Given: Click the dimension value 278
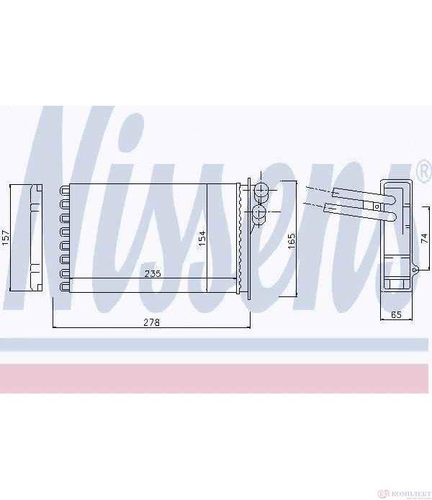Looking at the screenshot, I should click(x=151, y=322).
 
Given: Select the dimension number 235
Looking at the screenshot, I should click(x=151, y=273).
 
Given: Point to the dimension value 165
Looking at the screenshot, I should click(x=292, y=240).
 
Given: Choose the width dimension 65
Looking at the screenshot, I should click(x=396, y=314).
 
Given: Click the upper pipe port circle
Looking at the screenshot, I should click(x=261, y=191).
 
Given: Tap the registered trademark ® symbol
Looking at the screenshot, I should click(x=423, y=171).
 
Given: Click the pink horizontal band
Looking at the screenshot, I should click(x=216, y=377).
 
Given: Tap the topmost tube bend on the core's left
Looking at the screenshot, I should click(x=64, y=190).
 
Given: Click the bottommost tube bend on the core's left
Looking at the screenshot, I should click(x=64, y=287).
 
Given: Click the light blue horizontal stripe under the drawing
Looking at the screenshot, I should click(x=216, y=345).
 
